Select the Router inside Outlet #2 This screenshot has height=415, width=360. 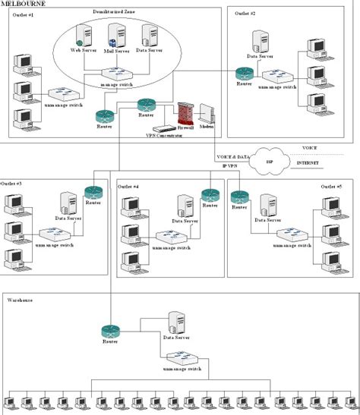coord(244,74)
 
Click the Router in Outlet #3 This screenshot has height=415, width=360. coord(93,193)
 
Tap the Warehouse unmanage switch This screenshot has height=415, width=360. coord(183,358)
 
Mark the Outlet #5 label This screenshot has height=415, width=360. coord(330,185)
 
